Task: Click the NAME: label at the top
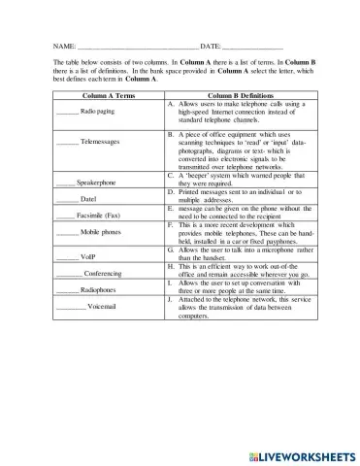64,46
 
